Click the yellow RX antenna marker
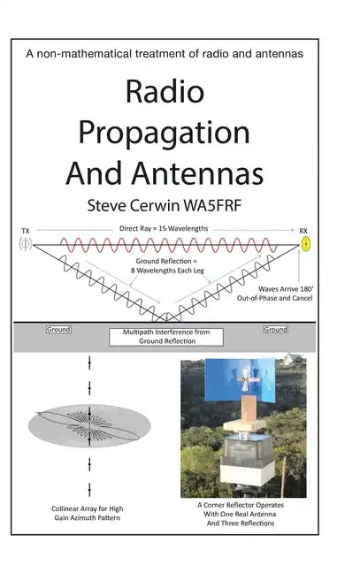point(306,244)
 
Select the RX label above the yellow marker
point(304,231)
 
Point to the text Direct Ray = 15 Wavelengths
point(166,229)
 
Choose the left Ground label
point(57,329)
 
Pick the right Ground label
point(275,329)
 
